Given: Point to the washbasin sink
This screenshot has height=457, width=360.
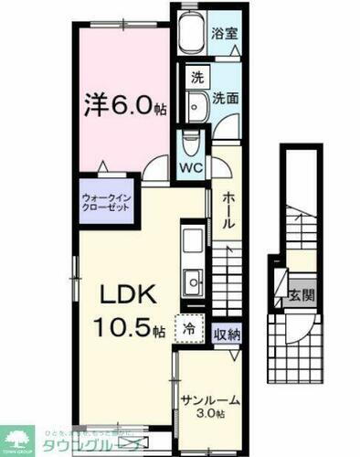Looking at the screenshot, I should [196, 106].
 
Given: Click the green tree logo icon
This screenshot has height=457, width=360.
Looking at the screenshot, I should [17, 439].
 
